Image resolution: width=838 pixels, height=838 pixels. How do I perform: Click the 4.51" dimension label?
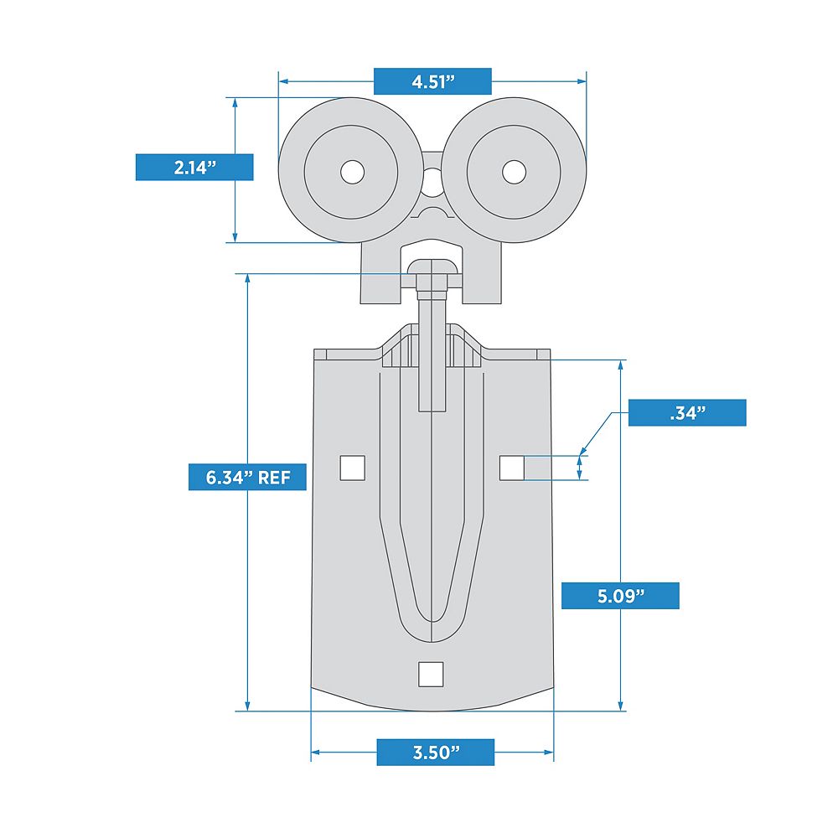point(432,81)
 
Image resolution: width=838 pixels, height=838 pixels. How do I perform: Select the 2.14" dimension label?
point(194,167)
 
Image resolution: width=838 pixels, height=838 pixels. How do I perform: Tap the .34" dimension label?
point(686,412)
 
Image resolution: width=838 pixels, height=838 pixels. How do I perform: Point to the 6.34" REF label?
point(247,478)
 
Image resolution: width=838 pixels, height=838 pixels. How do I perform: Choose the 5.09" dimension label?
point(620,596)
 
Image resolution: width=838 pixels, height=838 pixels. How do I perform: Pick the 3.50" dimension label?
point(435,752)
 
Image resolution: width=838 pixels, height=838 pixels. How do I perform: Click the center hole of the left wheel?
point(353,172)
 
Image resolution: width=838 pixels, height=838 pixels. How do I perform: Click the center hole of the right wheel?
point(513,172)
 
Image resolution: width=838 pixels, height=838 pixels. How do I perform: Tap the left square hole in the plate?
point(353,468)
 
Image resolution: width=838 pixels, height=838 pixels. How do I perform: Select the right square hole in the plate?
point(512,468)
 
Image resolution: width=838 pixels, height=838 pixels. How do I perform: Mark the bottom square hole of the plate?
point(430,674)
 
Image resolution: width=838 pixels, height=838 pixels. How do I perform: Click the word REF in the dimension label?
point(275,478)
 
